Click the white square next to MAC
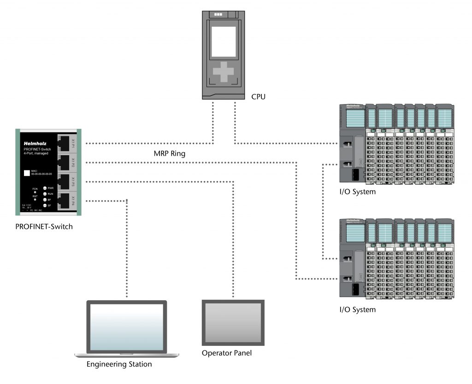tap(27, 174)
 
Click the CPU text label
tap(259, 97)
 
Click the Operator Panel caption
tap(227, 353)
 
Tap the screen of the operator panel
tap(233, 323)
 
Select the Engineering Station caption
tap(119, 364)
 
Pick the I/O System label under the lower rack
tap(357, 309)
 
